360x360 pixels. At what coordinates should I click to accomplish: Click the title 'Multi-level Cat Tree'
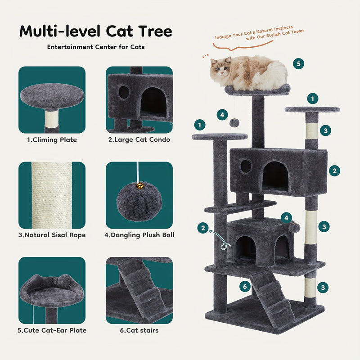pos(95,31)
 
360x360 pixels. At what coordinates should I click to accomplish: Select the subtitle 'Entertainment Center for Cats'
pos(95,47)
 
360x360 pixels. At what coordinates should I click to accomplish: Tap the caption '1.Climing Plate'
pos(52,139)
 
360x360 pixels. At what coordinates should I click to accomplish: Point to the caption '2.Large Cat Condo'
pos(139,139)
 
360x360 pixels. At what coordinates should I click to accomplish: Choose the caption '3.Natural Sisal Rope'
pos(52,235)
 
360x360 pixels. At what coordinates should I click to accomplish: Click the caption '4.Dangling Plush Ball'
pos(139,235)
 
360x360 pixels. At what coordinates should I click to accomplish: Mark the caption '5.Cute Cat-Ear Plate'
pos(52,330)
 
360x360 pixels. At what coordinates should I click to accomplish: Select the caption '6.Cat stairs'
pos(139,330)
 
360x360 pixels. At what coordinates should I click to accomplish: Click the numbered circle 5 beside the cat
pos(298,63)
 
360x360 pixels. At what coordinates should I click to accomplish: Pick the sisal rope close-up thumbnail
pos(52,195)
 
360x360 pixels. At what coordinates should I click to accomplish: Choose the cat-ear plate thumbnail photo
pos(52,290)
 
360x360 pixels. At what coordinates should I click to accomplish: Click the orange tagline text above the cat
pos(259,36)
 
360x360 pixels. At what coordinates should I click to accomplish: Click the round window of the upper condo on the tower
pos(246,166)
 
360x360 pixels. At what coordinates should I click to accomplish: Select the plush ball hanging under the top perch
pos(234,122)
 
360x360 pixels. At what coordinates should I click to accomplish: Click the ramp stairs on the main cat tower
pos(272,295)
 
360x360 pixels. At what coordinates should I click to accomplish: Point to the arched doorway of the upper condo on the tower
pos(275,175)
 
